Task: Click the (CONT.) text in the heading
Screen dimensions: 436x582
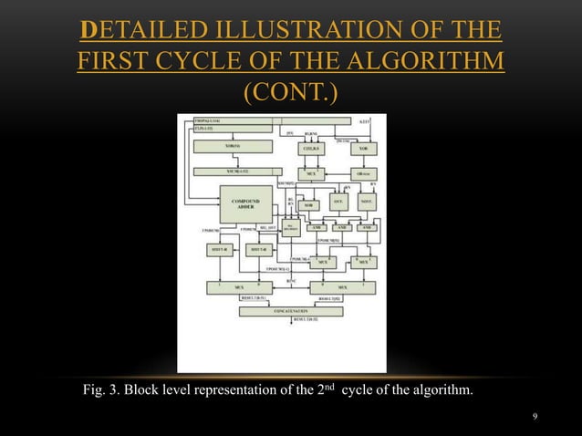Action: (x=290, y=93)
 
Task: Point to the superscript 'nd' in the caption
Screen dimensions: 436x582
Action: (x=333, y=389)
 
